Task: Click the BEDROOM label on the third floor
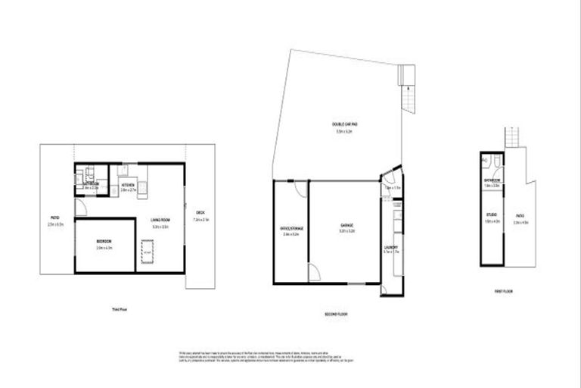104,240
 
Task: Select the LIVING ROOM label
159,220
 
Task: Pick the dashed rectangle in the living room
148,249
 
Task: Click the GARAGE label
347,225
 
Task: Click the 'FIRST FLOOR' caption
503,290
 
